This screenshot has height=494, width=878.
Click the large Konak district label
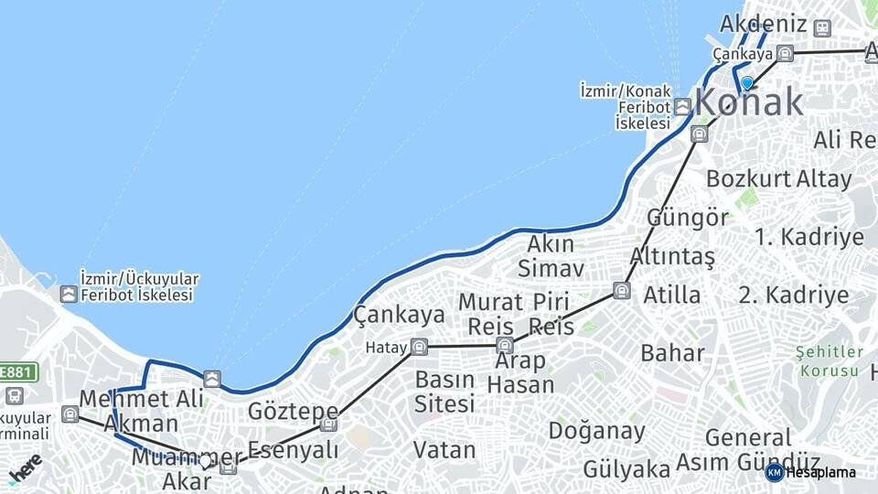click(x=750, y=103)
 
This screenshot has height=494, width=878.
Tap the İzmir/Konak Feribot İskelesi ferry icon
click(x=683, y=107)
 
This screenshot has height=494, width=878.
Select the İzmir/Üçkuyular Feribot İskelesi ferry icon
click(x=69, y=294)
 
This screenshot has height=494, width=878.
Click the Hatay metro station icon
click(x=419, y=347)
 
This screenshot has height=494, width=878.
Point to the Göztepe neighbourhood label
click(x=293, y=412)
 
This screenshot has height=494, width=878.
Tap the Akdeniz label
click(x=764, y=24)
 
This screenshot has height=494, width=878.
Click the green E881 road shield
click(x=17, y=372)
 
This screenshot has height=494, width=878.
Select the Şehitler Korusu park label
click(x=829, y=361)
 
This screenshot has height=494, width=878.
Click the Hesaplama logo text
click(x=820, y=472)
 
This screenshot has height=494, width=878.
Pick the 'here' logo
click(x=25, y=467)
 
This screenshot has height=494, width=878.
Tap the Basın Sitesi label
click(x=444, y=391)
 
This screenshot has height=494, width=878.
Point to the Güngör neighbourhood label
click(x=688, y=218)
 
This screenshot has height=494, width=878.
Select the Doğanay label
click(x=596, y=430)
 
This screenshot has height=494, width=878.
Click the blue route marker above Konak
click(x=747, y=83)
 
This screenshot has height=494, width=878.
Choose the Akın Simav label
click(x=551, y=256)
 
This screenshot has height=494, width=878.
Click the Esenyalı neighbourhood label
click(x=294, y=450)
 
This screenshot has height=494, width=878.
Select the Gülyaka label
click(x=626, y=469)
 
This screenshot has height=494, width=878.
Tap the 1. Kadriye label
click(x=808, y=237)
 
